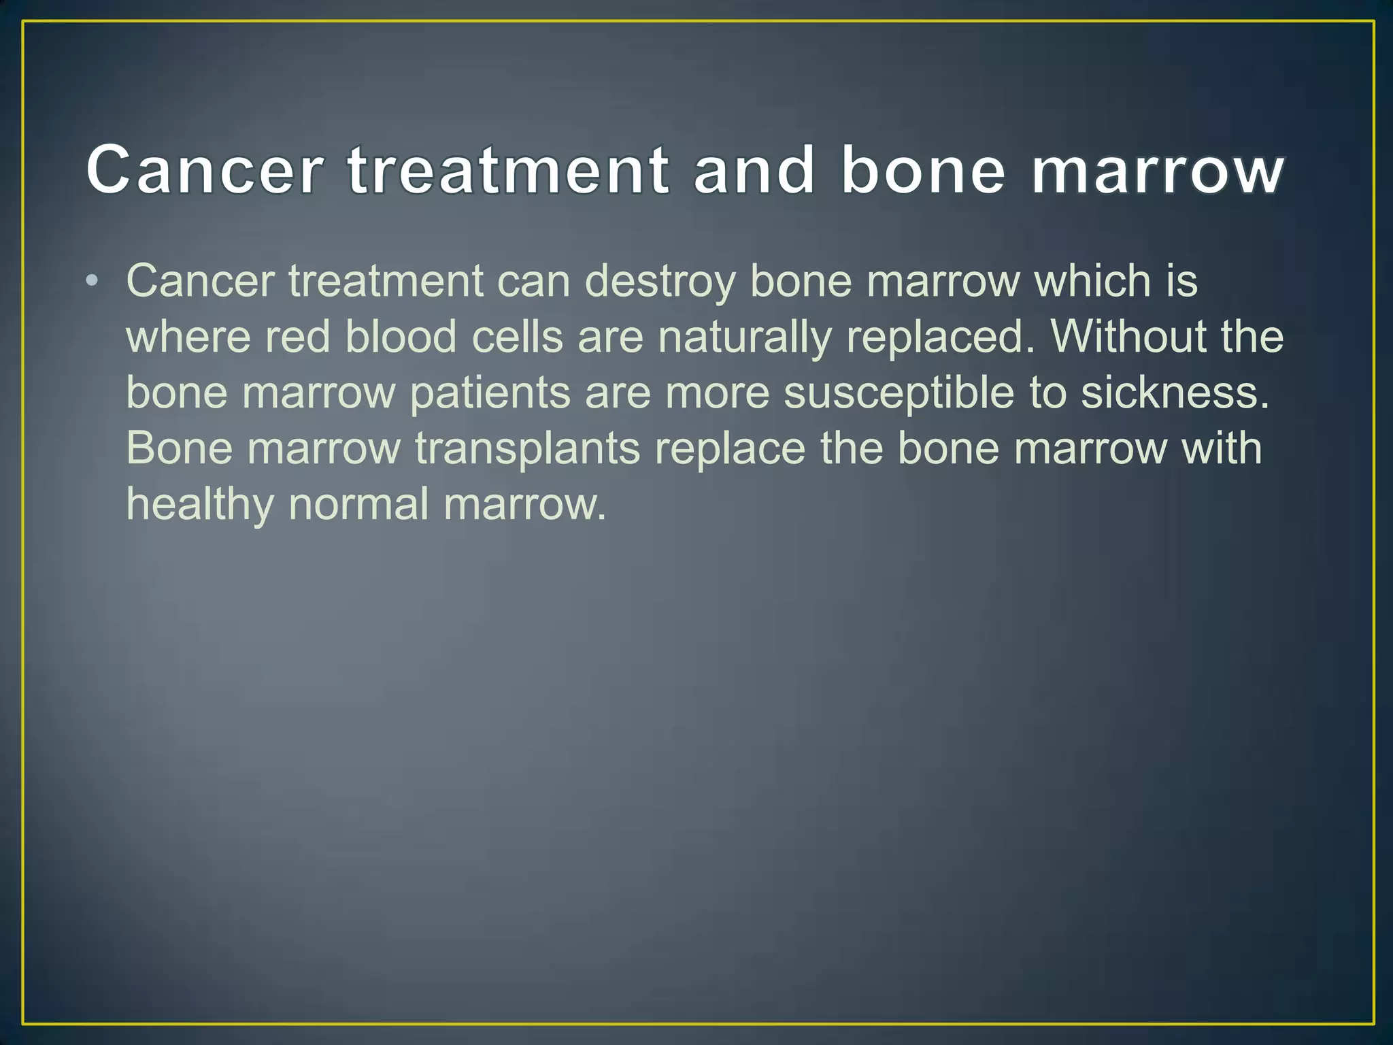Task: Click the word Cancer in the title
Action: (x=204, y=170)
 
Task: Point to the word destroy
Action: (x=660, y=282)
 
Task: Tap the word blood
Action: (x=401, y=337)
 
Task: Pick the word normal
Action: (x=358, y=505)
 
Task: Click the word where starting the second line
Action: (x=188, y=337)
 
